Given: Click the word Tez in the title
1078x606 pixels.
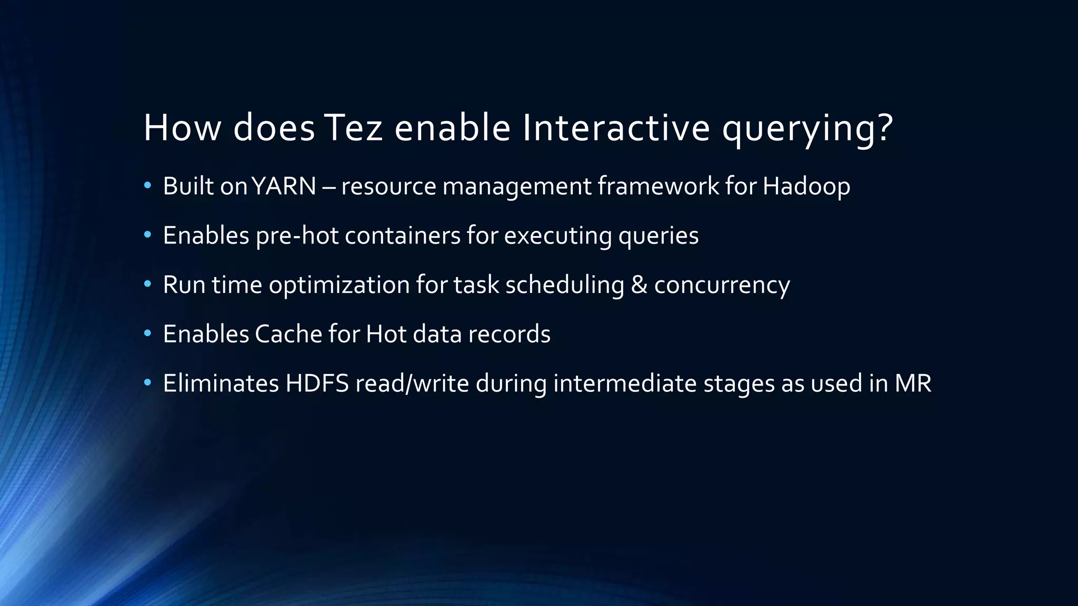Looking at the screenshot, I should coord(353,128).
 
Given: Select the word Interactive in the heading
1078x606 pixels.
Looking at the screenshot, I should coord(616,128).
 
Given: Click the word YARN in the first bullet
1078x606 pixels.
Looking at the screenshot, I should coord(284,186).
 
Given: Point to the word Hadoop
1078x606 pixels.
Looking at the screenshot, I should coord(806,186).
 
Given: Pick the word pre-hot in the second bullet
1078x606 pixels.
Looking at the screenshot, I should coord(297,236).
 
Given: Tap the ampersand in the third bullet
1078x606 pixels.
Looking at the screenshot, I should coord(638,285).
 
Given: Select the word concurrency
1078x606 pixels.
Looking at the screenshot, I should coord(722,285).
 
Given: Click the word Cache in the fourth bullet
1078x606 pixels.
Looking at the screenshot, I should coord(288,334).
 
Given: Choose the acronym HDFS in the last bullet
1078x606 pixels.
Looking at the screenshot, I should coord(317,383).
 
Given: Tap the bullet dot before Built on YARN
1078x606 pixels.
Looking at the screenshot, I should coord(147,185).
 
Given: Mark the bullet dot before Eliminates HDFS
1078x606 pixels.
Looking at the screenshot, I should coord(147,382).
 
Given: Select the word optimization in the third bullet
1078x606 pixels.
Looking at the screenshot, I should coord(339,285).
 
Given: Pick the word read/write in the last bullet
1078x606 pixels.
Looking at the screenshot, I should coord(412,383).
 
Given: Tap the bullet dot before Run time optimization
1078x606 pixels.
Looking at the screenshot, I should coord(147,284).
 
